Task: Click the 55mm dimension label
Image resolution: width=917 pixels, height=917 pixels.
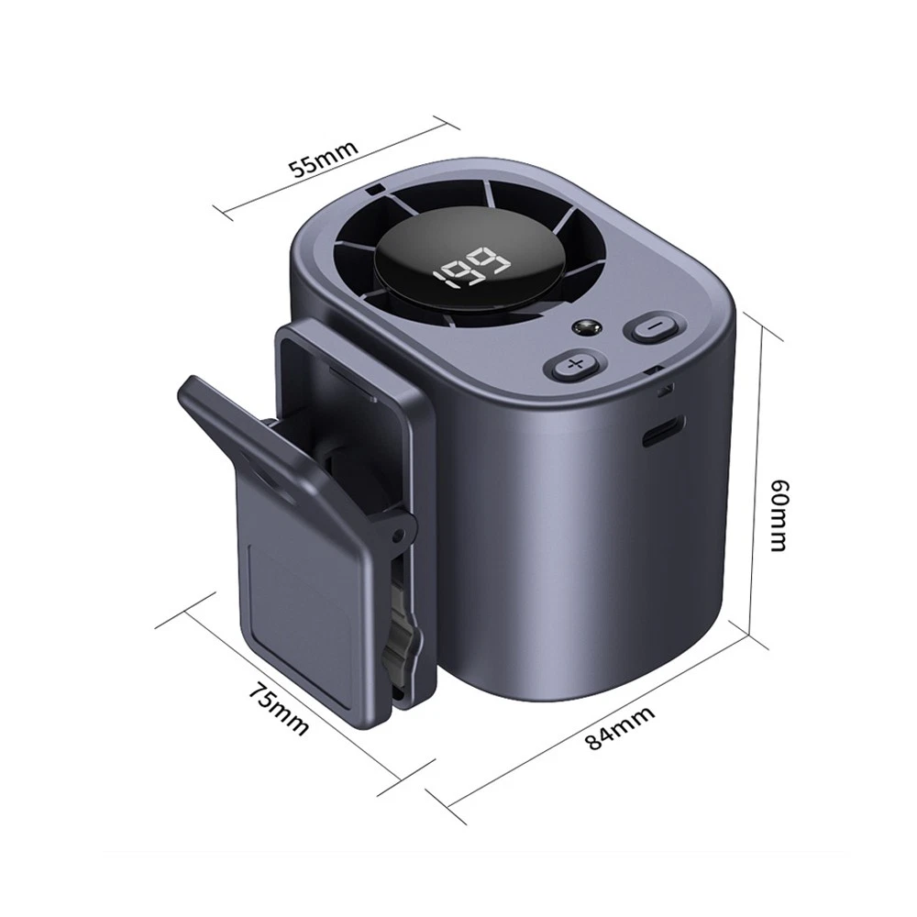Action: point(324,158)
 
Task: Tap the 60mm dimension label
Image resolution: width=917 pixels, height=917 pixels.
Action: point(779,515)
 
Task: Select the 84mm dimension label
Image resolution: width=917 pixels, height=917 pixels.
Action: point(619,727)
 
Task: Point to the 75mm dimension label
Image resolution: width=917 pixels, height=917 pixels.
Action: point(279,708)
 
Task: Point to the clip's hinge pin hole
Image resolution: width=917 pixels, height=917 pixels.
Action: point(400,534)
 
